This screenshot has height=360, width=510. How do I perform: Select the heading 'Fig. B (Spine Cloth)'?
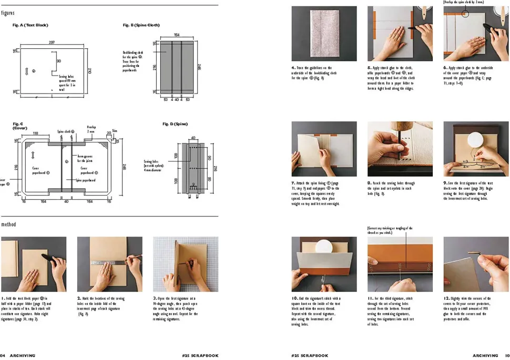(141, 25)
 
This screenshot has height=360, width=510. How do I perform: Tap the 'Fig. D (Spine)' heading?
(175, 124)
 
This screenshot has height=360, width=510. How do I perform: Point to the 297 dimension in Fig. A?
(52, 42)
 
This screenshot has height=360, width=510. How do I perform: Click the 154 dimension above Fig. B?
(177, 35)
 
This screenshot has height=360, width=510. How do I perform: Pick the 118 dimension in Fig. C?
(35, 133)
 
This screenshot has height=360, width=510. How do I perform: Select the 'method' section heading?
(8, 224)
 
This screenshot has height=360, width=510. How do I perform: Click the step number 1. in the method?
(3, 299)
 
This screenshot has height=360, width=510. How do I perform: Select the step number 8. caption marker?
(370, 183)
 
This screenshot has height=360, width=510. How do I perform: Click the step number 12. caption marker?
(447, 299)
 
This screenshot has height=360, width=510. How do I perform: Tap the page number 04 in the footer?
(3, 355)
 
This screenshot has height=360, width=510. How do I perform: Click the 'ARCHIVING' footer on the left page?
(23, 355)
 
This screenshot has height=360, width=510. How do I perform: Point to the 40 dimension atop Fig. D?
(193, 138)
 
